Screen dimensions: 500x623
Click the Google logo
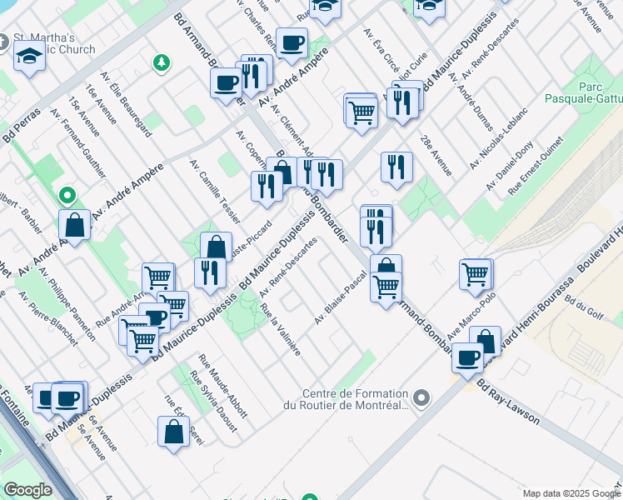point(27,490)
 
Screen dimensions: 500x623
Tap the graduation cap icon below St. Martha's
point(29,57)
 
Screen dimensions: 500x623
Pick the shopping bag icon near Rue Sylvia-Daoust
point(173,431)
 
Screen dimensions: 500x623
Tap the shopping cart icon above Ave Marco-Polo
point(476,272)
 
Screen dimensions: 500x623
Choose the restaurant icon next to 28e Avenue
point(396,166)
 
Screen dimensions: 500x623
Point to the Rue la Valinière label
point(280,329)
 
